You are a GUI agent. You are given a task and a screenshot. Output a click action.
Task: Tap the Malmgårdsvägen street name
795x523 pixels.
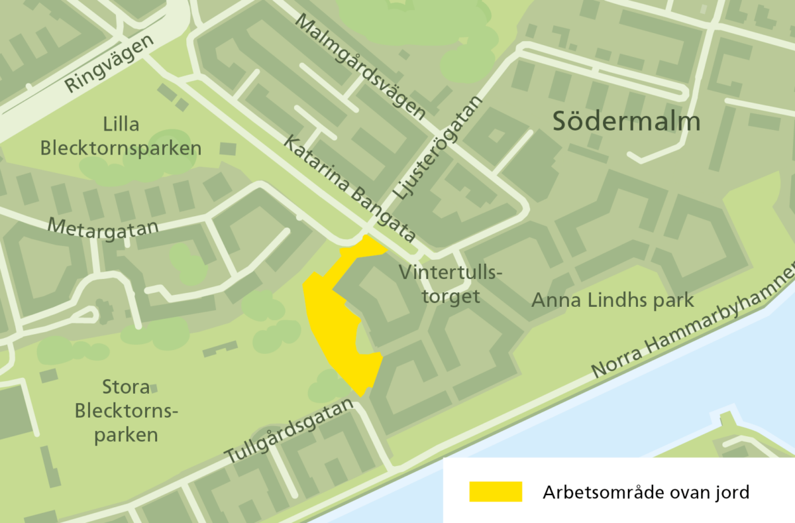(x=361, y=66)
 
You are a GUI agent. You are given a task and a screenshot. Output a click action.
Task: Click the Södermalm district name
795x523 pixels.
(x=626, y=122)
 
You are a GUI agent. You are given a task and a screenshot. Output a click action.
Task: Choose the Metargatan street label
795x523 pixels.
(x=103, y=229)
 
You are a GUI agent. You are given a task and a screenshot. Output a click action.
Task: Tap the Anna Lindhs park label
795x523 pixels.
(x=612, y=300)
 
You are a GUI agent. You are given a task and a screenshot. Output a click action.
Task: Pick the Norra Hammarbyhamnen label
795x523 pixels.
(x=692, y=324)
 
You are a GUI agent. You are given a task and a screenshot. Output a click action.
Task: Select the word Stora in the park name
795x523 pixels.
(x=126, y=387)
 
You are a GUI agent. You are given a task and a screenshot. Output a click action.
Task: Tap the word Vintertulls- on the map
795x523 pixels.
(x=451, y=273)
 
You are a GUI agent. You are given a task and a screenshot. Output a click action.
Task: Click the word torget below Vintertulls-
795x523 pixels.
(x=451, y=296)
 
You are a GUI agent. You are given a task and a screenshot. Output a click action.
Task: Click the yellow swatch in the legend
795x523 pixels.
(x=496, y=492)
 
